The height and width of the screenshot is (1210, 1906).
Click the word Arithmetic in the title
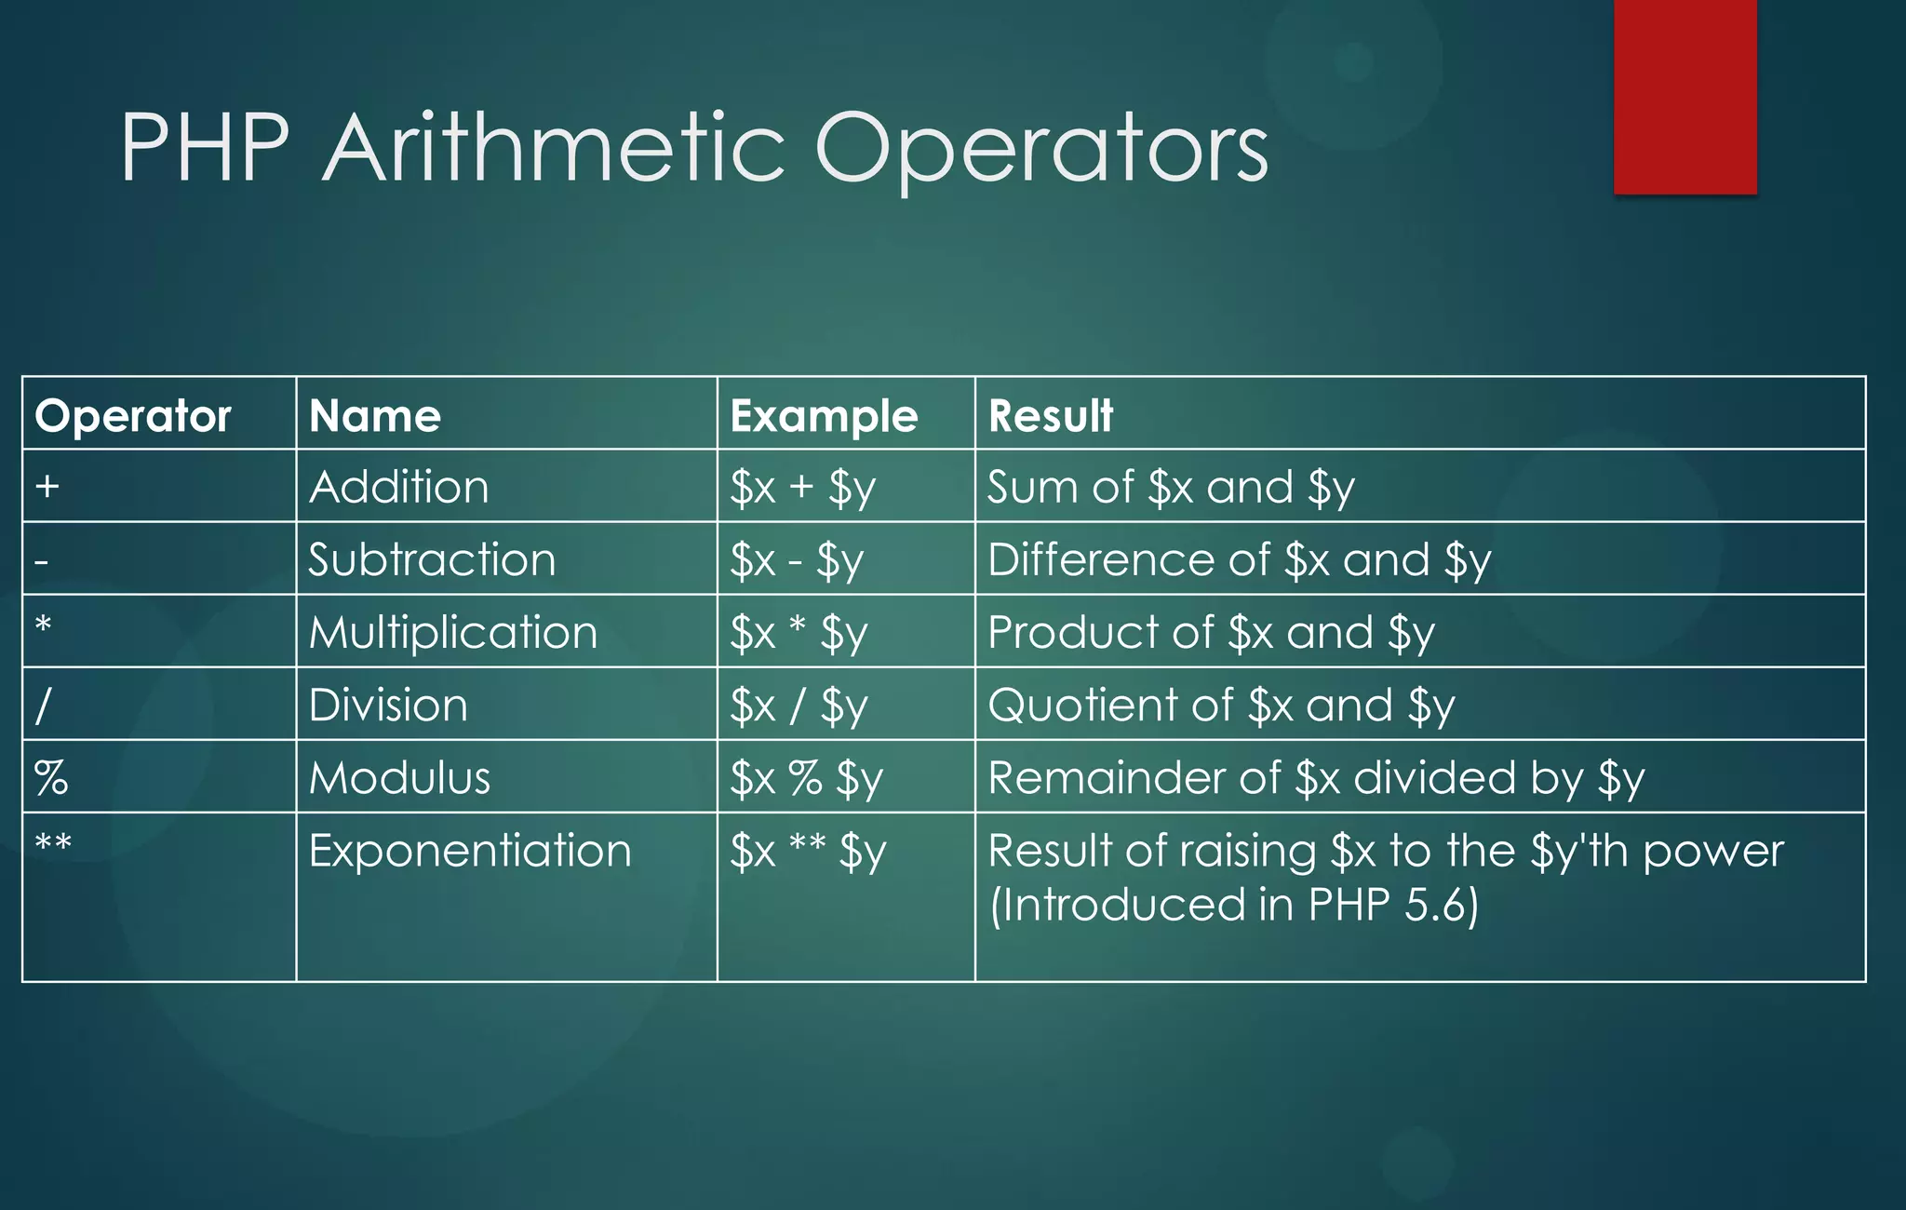tap(555, 149)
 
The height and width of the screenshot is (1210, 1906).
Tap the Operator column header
tap(132, 415)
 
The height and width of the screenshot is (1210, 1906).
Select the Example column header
tap(824, 415)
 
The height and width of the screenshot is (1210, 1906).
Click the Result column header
tap(1050, 415)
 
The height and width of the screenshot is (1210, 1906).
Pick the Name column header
tap(374, 415)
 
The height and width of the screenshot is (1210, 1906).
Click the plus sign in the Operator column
tap(47, 486)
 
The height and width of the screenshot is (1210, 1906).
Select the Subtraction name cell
tap(432, 559)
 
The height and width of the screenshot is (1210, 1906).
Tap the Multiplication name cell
tap(453, 632)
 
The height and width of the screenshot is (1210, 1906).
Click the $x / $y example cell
tap(799, 706)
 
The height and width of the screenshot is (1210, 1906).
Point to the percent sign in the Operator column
tap(51, 777)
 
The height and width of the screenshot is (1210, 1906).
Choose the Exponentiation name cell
tap(470, 851)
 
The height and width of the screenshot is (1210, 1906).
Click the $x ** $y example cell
tap(807, 851)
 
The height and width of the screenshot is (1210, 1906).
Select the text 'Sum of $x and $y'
tap(1170, 487)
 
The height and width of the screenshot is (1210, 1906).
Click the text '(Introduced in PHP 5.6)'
tap(1233, 905)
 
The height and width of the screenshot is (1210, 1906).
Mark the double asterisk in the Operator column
tap(53, 843)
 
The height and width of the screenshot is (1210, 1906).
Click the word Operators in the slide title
tap(1040, 149)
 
